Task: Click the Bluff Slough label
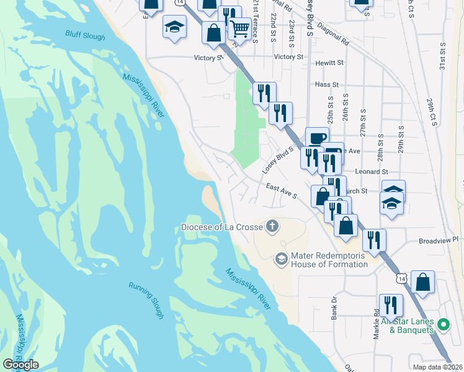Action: coord(86,37)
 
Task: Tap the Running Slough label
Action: coord(146,300)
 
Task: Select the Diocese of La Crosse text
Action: coord(221,226)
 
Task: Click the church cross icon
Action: coord(272,226)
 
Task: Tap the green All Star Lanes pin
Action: coord(443,324)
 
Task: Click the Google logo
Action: coord(20,364)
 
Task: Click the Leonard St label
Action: coord(371,171)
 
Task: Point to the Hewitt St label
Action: coord(329,63)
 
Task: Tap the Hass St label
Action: coord(326,84)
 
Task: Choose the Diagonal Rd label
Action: coord(333,36)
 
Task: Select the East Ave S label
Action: coord(282,191)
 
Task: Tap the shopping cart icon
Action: coord(239,27)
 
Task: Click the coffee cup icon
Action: coord(317,138)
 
